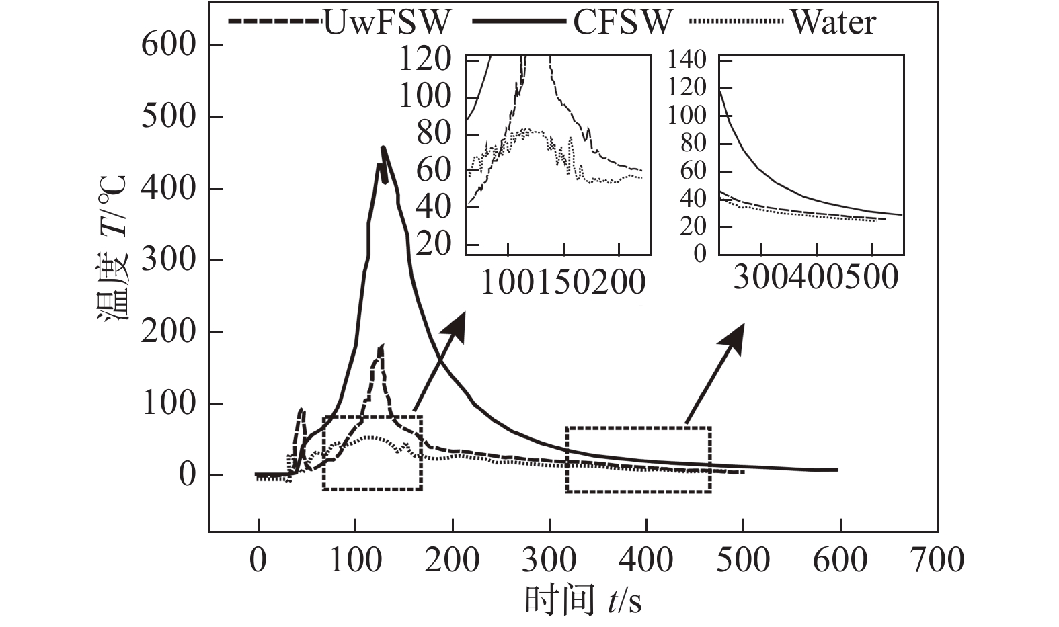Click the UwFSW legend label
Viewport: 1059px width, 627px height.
[x=386, y=22]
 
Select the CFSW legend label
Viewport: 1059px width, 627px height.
[x=622, y=22]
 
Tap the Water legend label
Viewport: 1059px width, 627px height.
[x=833, y=22]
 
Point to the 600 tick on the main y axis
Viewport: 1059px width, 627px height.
[x=167, y=46]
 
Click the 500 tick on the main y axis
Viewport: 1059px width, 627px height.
[x=167, y=118]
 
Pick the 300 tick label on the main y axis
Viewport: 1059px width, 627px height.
[x=167, y=261]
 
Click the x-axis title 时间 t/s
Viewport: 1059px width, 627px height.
[x=583, y=599]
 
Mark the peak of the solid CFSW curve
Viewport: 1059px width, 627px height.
[x=383, y=147]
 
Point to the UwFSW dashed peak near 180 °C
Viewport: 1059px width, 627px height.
[x=382, y=346]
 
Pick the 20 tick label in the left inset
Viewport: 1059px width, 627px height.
[x=434, y=243]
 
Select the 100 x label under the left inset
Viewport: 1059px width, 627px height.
[x=509, y=284]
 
